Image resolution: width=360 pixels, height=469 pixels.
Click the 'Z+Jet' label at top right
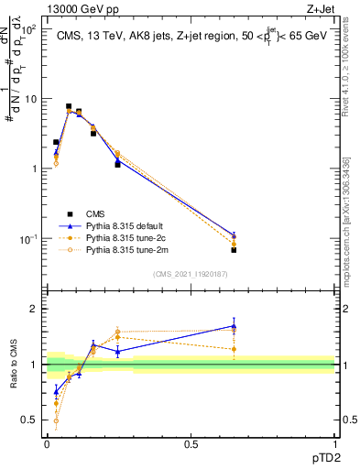(319, 8)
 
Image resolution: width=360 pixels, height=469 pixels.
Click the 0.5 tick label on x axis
(191, 443)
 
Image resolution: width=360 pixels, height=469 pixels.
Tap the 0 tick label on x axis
(47, 443)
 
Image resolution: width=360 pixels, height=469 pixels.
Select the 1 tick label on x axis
(334, 443)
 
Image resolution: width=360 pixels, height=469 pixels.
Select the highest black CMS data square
(69, 106)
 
